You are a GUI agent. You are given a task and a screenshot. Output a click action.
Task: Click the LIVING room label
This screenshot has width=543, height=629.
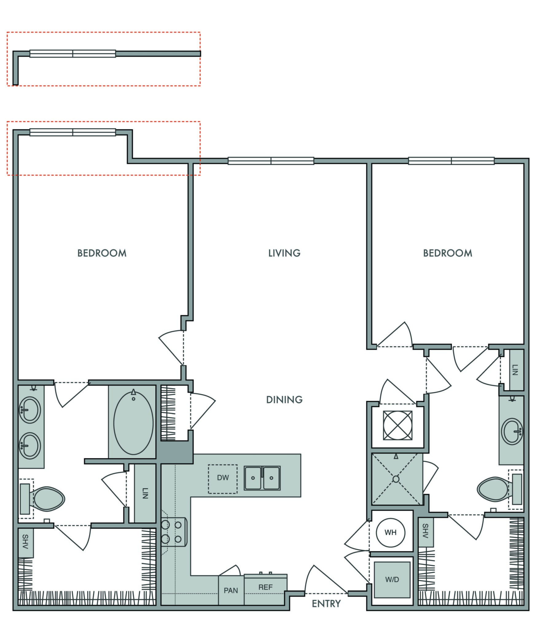coord(284,253)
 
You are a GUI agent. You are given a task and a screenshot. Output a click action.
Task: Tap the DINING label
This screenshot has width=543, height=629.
coord(284,400)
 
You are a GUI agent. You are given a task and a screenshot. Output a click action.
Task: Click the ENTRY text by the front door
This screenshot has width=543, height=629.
coord(326,604)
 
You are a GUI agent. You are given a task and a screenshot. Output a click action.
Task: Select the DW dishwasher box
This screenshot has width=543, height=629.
coord(223,478)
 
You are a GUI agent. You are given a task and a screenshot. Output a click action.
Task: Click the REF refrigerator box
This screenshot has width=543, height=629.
coord(266,587)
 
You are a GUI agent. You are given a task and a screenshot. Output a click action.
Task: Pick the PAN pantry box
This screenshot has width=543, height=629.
coord(231,590)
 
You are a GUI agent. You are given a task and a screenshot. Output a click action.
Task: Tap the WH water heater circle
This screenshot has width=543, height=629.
coord(390,532)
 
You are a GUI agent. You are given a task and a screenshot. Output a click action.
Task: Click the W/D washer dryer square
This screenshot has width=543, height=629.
coord(392,580)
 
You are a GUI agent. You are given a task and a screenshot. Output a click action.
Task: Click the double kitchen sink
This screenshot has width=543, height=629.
coord(262,478)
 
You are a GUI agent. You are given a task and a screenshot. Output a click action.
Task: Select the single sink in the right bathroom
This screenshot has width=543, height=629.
coord(512,431)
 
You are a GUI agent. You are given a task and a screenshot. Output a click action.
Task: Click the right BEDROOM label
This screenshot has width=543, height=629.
coord(447,253)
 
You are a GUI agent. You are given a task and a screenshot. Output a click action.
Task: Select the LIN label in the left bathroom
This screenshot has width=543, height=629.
coord(145,493)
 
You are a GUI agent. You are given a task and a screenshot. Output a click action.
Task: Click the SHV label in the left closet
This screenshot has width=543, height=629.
coord(25,542)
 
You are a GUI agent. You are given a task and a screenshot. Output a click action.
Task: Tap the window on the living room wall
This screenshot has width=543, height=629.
coord(271,161)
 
